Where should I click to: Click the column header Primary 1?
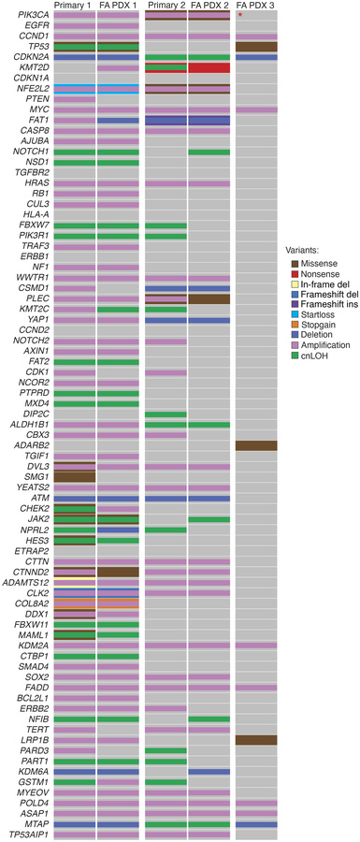click(x=73, y=6)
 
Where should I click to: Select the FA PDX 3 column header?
click(x=256, y=6)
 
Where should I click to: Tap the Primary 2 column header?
click(x=165, y=6)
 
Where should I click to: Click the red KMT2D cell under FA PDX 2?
click(x=209, y=68)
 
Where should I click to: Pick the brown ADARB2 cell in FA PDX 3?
click(x=255, y=445)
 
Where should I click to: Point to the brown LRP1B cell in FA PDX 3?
click(x=255, y=740)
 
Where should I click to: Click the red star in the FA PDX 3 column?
click(x=240, y=15)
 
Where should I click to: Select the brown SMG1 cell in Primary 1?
click(x=73, y=476)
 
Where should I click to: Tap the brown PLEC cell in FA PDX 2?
click(x=209, y=298)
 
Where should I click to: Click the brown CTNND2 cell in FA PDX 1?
click(x=119, y=571)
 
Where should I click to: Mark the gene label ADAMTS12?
click(x=29, y=582)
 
